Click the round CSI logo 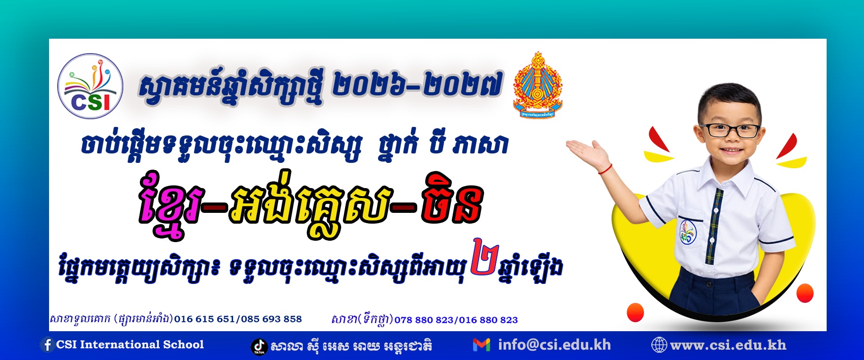tap(90, 86)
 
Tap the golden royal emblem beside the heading tap(538, 85)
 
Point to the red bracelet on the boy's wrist tap(605, 169)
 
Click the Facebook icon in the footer tap(47, 345)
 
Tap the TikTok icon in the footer tap(259, 346)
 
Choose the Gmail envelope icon tap(481, 345)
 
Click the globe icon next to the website tap(659, 345)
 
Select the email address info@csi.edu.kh tap(554, 345)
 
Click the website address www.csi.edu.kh tap(728, 345)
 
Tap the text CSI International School tap(130, 345)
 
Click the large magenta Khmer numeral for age tap(485, 256)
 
